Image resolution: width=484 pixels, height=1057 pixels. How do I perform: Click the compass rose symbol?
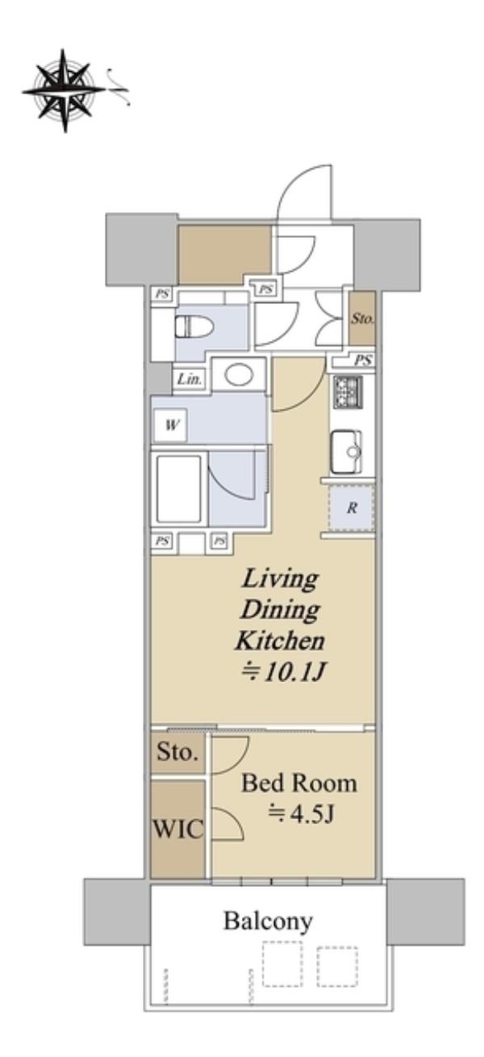(x=65, y=90)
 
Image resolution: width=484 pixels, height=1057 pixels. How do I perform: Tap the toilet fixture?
(x=194, y=327)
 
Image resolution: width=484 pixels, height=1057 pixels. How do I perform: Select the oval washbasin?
(x=239, y=375)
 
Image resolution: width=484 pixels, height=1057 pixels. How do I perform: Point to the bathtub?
(x=179, y=489)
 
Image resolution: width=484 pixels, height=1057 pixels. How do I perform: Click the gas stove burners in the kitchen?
(x=348, y=392)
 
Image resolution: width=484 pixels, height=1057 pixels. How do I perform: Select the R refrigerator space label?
(x=353, y=508)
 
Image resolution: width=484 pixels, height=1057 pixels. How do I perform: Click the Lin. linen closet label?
(x=190, y=379)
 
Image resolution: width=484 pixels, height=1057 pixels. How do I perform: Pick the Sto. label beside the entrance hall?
(x=362, y=318)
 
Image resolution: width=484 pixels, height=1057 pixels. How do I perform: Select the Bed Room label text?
(x=299, y=784)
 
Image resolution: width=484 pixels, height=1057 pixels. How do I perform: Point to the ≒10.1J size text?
(x=282, y=672)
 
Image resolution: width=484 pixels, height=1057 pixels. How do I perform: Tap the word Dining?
(x=280, y=610)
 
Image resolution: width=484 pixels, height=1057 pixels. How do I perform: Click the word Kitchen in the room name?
(x=280, y=640)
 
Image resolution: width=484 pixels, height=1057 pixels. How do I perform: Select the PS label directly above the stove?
(x=363, y=361)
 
